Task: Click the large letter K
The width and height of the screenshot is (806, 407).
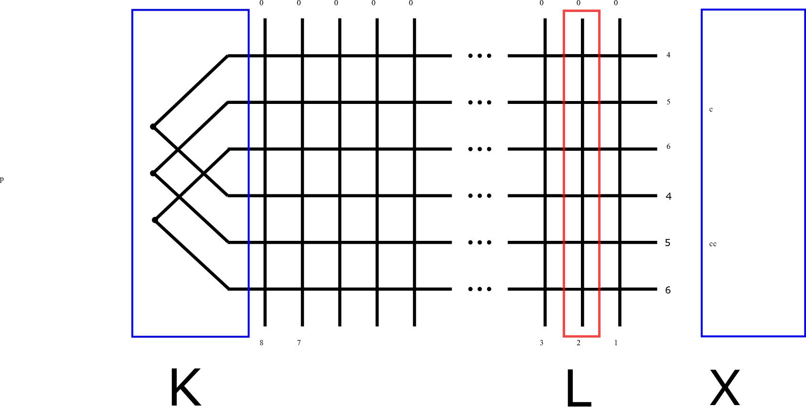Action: [x=185, y=387]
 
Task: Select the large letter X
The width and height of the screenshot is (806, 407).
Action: [x=725, y=387]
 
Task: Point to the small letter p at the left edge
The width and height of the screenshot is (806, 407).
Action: [x=2, y=180]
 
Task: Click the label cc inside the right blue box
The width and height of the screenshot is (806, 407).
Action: [x=713, y=244]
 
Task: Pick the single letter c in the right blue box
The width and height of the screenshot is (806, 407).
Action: [x=711, y=109]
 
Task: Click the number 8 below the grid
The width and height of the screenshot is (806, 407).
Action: [x=261, y=342]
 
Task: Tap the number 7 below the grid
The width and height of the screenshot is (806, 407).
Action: [x=299, y=342]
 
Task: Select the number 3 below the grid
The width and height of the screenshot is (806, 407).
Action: [x=542, y=342]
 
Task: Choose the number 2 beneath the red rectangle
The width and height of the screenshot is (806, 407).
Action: [x=579, y=342]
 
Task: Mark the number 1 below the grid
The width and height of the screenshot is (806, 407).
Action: [x=616, y=342]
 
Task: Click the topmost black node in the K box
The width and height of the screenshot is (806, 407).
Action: [x=153, y=127]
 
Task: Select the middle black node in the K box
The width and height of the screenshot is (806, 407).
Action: [x=153, y=173]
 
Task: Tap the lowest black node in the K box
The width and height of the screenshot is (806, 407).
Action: [x=155, y=220]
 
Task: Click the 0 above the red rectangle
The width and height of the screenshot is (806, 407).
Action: [x=579, y=3]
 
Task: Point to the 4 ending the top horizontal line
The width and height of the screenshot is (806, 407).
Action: [x=669, y=55]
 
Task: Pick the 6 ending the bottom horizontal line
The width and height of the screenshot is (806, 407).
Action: [x=668, y=290]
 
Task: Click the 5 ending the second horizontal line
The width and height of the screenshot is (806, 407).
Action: [x=669, y=102]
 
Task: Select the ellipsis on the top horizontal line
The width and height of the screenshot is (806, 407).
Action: [x=480, y=56]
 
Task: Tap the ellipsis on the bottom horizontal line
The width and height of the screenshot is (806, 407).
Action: [x=480, y=289]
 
